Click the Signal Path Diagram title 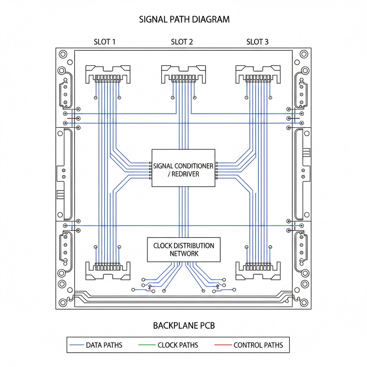184,19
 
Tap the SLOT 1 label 105,42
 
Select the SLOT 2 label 182,42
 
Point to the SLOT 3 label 257,42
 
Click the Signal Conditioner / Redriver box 183,168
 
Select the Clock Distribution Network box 183,249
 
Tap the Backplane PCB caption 184,325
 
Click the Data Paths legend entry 104,345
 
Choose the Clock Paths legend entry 178,345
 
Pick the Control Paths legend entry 258,345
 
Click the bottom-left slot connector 108,270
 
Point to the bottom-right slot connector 258,270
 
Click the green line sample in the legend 146,345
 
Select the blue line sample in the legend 76,345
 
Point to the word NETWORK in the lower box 184,254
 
